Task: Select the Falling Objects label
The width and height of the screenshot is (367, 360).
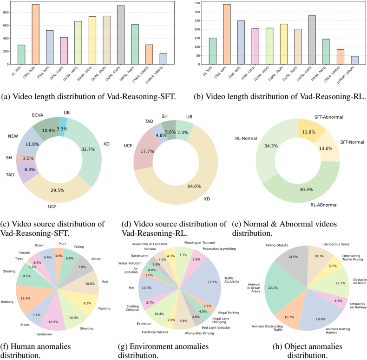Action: (277, 244)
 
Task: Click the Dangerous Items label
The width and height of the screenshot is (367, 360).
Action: (336, 244)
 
